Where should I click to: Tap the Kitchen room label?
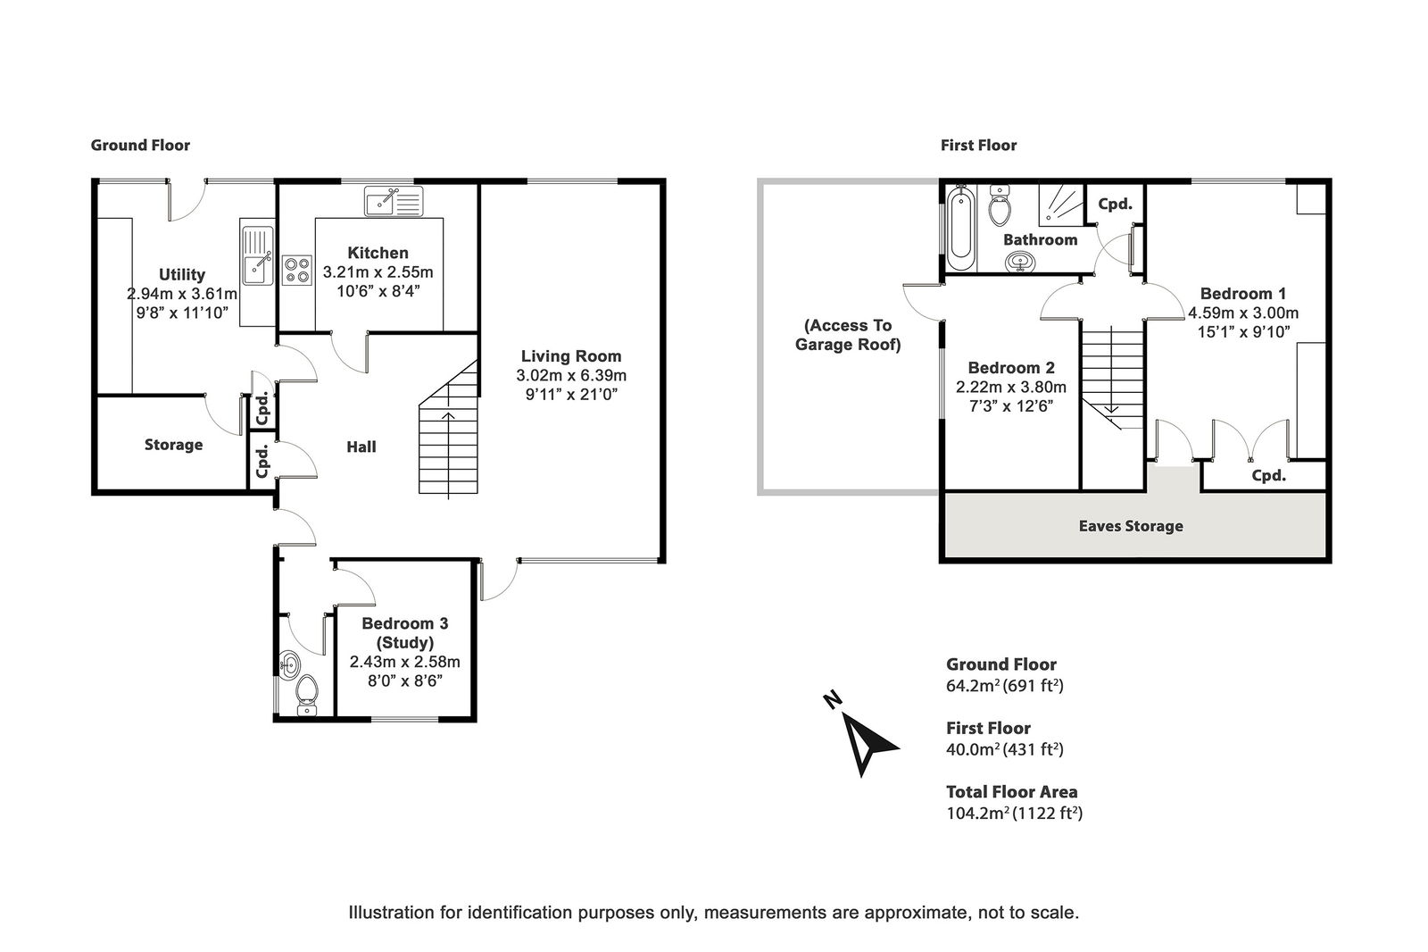click(378, 253)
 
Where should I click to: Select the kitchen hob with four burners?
click(296, 270)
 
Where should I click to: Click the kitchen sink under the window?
click(394, 201)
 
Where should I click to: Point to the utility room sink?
click(258, 256)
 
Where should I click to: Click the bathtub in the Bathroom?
click(960, 229)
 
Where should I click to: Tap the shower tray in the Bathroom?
click(1061, 205)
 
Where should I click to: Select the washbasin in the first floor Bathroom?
click(1020, 262)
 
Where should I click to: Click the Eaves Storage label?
click(1131, 526)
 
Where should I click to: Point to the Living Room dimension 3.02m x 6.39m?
click(571, 375)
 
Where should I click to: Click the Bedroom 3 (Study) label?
click(405, 632)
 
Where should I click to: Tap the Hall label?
click(361, 447)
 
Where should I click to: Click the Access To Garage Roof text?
click(848, 335)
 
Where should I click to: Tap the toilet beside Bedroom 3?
click(307, 695)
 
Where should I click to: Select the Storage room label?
click(173, 445)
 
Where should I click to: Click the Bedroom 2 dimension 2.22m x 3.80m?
click(1011, 387)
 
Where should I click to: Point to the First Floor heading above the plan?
click(978, 146)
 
